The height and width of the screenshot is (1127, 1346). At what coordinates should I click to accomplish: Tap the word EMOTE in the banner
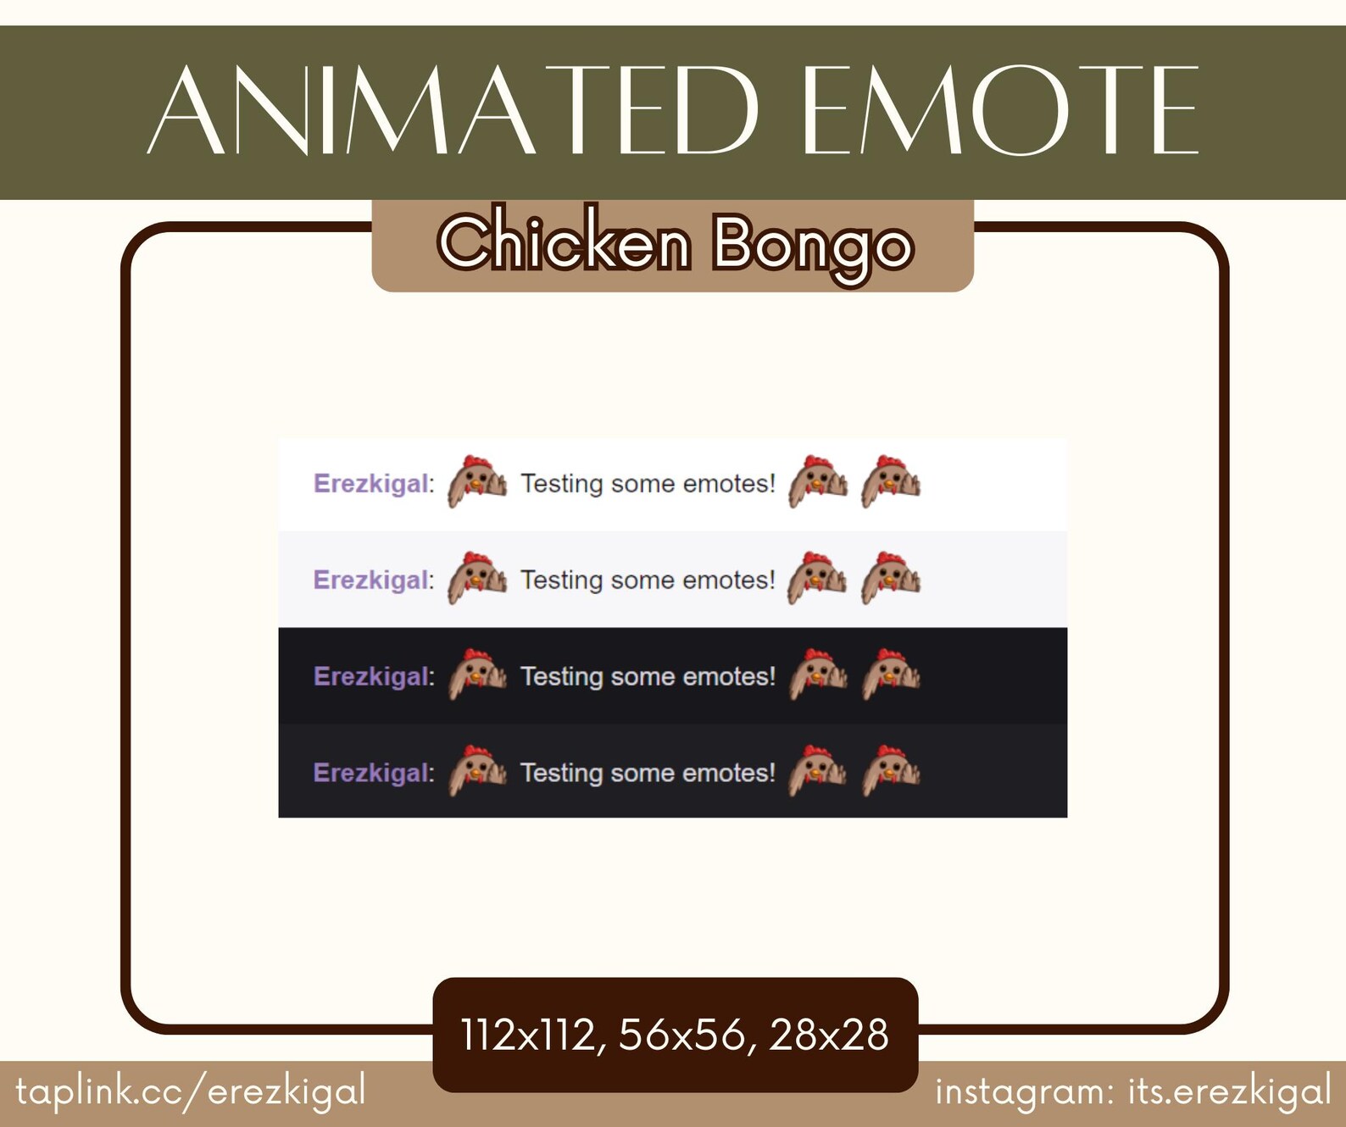(x=999, y=111)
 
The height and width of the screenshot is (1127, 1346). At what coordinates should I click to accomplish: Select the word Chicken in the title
(x=565, y=243)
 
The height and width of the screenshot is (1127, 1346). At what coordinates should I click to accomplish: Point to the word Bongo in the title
(x=812, y=245)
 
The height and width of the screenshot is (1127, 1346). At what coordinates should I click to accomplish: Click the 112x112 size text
(x=527, y=1035)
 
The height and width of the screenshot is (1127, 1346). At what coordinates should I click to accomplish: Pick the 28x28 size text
(x=828, y=1035)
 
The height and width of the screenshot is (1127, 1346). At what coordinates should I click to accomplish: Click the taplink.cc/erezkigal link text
(x=191, y=1091)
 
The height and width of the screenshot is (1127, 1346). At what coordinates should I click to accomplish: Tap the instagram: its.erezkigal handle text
(x=1132, y=1091)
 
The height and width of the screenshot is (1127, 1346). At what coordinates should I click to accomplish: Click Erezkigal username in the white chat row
(x=371, y=484)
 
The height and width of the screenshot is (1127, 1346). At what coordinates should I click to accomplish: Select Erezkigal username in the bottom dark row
(x=371, y=773)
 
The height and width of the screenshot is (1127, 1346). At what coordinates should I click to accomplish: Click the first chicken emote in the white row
(x=477, y=482)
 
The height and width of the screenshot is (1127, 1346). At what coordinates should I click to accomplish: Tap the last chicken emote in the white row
(x=891, y=482)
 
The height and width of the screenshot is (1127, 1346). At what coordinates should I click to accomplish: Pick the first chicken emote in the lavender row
(x=477, y=579)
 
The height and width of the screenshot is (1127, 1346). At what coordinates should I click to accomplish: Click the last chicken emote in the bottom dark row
(x=891, y=771)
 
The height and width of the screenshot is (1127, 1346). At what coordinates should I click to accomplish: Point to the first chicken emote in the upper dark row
(x=477, y=675)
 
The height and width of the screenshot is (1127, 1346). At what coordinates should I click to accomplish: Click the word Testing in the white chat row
(x=560, y=484)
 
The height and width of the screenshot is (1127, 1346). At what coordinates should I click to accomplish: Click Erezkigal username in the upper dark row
(x=371, y=676)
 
